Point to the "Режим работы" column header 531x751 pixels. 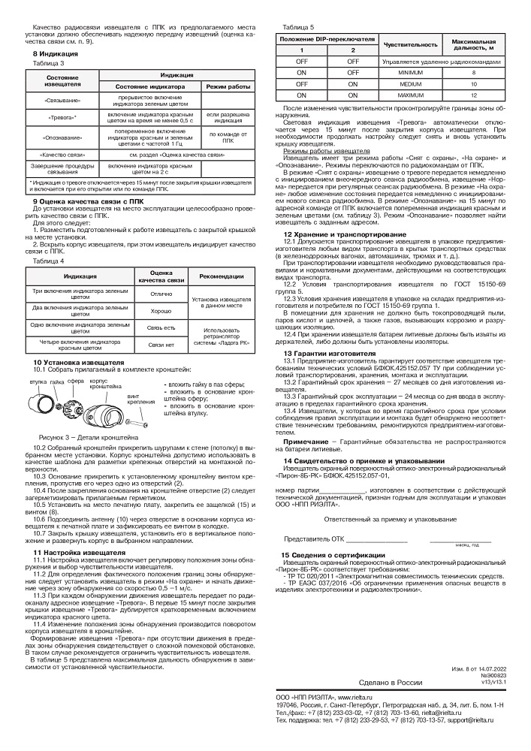tap(228, 87)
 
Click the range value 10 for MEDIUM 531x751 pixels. tap(473, 84)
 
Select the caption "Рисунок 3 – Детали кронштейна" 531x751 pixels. tap(89, 436)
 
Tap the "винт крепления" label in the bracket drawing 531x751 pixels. tap(136, 398)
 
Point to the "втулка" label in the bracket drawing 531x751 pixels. tap(38, 382)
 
